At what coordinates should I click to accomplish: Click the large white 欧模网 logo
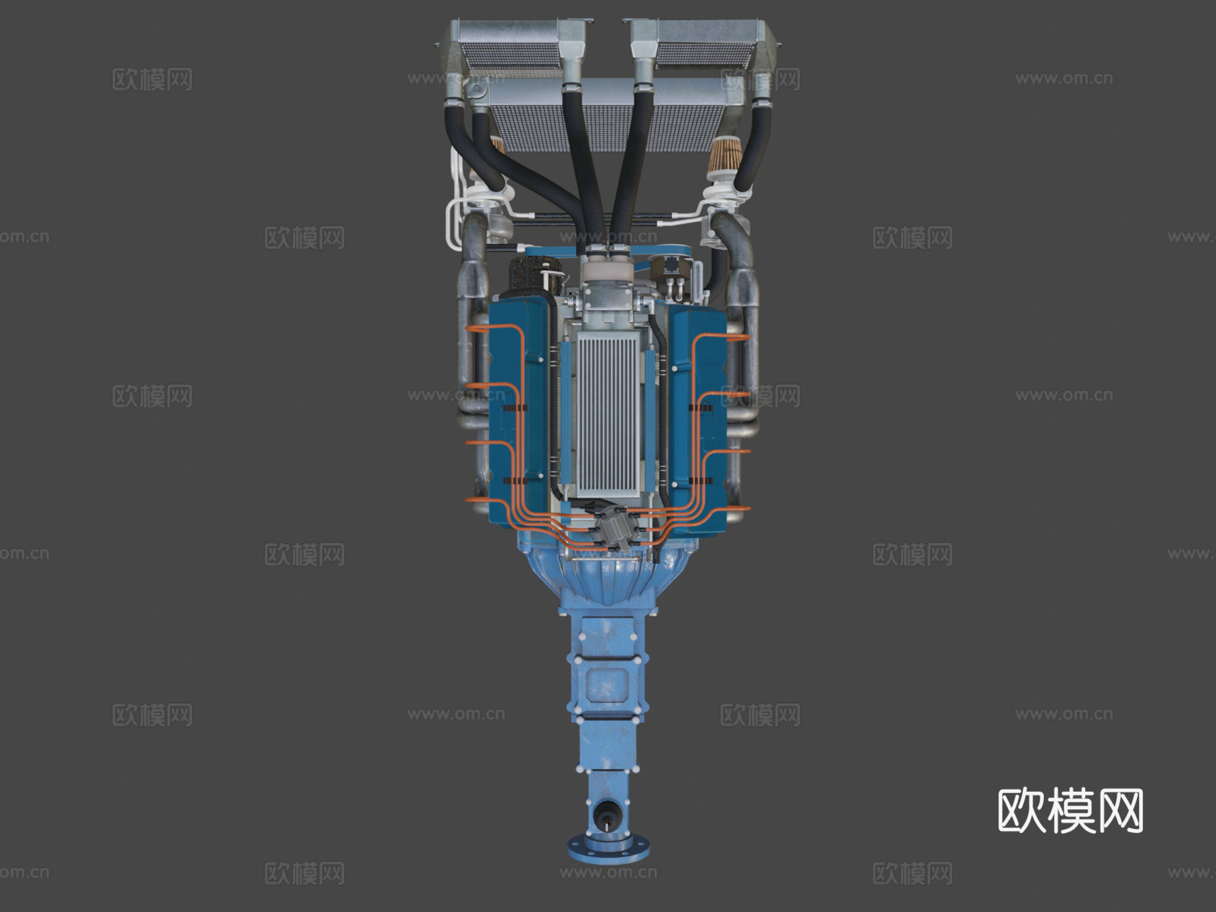tap(1070, 811)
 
